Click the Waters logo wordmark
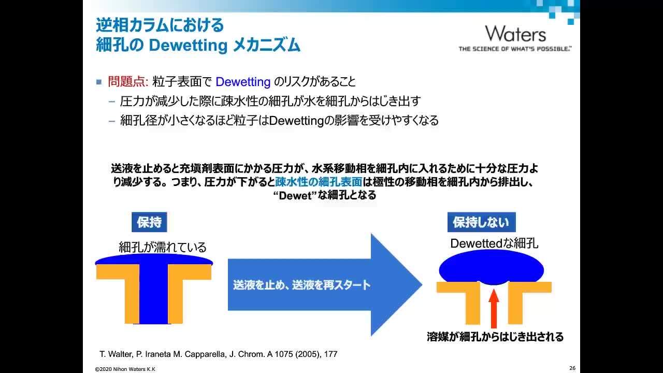[515, 34]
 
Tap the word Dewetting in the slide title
[188, 45]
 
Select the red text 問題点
[128, 81]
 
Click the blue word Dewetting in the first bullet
[243, 82]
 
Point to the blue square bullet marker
[99, 82]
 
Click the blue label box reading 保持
[149, 222]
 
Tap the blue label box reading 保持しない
[481, 222]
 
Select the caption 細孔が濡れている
[163, 247]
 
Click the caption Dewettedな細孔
[494, 243]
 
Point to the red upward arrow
[494, 309]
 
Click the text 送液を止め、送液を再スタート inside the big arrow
[301, 285]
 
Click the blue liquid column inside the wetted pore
[154, 293]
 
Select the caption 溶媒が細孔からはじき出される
[495, 337]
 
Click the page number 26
[572, 368]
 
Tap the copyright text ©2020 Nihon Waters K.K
[125, 369]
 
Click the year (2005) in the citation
[308, 354]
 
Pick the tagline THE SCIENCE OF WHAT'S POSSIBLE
[515, 49]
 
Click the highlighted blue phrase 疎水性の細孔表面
[319, 182]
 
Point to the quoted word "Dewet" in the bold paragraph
[295, 195]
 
